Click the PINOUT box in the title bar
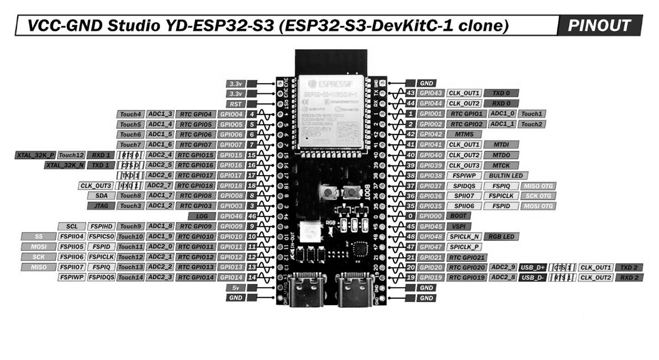600,26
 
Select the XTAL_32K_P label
35,155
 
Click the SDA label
101,196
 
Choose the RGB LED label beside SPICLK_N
501,236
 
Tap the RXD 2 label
629,278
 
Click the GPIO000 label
431,216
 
